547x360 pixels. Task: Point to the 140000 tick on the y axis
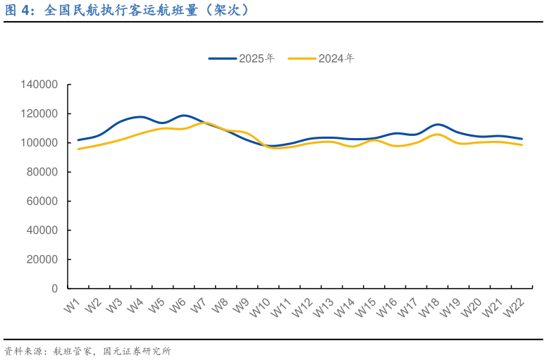[x=39, y=85]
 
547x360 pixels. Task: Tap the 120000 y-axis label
[x=39, y=113]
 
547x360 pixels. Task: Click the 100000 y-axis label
[x=39, y=143]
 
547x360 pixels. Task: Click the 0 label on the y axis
[x=54, y=289]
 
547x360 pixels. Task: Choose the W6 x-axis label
[x=178, y=306]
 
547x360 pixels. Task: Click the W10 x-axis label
[x=261, y=308]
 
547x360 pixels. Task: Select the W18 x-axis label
[x=430, y=308]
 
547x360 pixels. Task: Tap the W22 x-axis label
[x=515, y=308]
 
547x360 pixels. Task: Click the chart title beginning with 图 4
[x=127, y=11]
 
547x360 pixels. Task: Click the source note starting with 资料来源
[x=87, y=351]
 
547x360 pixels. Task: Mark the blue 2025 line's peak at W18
[x=438, y=125]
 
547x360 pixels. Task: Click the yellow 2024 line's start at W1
[x=78, y=149]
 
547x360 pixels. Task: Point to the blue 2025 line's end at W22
[x=522, y=139]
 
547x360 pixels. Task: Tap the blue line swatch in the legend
[x=222, y=58]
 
